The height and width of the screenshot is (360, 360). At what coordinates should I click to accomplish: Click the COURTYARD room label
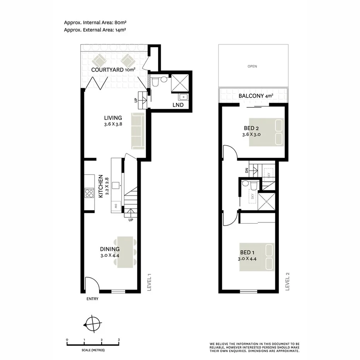click(108, 70)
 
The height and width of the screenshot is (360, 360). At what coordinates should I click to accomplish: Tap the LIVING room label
click(113, 118)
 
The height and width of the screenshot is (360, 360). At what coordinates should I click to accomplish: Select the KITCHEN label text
click(100, 186)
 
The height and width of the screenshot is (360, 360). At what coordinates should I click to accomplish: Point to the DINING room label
click(110, 249)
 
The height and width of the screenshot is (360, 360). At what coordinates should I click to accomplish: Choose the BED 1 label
click(247, 253)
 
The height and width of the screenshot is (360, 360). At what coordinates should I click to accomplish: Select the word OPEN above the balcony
click(252, 66)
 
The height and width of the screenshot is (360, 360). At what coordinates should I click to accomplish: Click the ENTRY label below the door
click(93, 299)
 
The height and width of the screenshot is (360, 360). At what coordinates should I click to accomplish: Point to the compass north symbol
click(93, 323)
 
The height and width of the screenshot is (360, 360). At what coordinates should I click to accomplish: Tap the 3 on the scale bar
click(119, 340)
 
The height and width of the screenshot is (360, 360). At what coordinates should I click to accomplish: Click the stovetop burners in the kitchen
click(89, 193)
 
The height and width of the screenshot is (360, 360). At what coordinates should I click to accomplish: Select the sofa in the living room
click(137, 131)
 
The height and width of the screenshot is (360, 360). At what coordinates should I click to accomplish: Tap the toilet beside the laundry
click(156, 82)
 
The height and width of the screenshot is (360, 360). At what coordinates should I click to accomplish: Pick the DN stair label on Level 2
click(246, 170)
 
